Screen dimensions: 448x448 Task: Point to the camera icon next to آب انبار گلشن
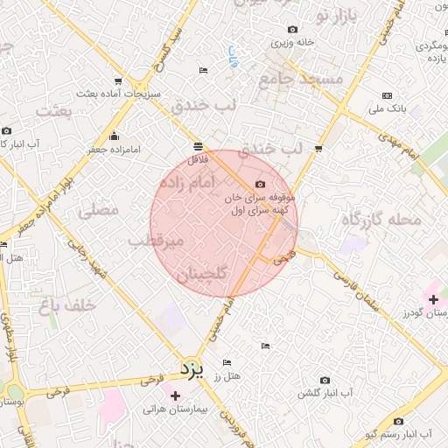point(325,381)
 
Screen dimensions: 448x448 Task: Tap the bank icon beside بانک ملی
point(387,95)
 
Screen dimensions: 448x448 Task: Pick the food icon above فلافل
point(198,147)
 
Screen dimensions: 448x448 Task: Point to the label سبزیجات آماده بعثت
point(119,92)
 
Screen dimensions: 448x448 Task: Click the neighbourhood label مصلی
point(96,211)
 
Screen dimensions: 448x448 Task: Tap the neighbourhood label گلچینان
point(202,275)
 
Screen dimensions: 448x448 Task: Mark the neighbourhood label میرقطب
point(156,239)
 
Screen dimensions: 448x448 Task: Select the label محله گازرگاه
point(382,219)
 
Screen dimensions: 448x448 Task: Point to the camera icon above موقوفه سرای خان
point(260,184)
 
